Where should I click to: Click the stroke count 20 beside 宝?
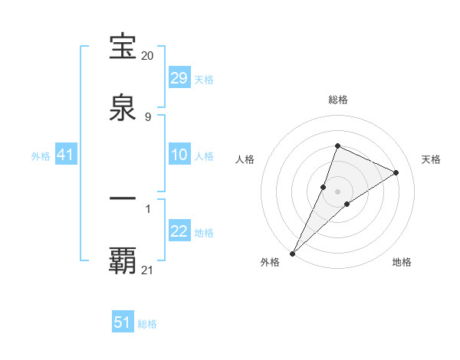[x=148, y=56]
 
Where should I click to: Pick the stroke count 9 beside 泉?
[x=148, y=116]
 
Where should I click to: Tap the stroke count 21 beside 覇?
[x=148, y=270]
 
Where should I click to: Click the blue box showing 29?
[x=179, y=78]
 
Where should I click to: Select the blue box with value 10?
[x=179, y=155]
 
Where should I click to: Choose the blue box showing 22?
[x=179, y=232]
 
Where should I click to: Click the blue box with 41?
[x=66, y=155]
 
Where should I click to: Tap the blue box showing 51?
[x=123, y=322]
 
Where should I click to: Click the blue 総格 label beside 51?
[x=147, y=324]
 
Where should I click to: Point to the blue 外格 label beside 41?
[x=41, y=156]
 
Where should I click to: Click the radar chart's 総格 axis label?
[x=337, y=100]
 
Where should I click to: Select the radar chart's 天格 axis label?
[x=432, y=159]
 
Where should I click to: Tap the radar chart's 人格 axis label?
[x=245, y=159]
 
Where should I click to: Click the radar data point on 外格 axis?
[x=292, y=254]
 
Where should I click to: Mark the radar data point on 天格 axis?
[x=396, y=172]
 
